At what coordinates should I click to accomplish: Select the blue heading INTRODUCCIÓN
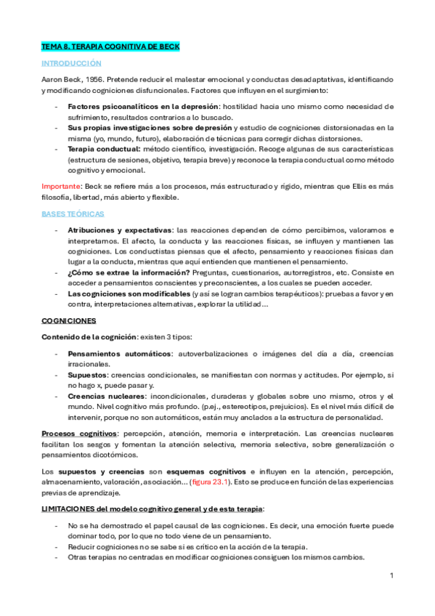click(71, 63)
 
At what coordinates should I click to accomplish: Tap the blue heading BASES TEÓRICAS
click(73, 214)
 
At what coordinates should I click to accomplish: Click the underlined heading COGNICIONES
click(70, 320)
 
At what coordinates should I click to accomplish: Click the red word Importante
click(61, 187)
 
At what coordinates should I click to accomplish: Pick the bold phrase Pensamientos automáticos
click(119, 353)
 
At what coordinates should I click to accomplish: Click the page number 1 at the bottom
click(391, 575)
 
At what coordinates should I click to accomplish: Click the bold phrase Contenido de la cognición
click(89, 336)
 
